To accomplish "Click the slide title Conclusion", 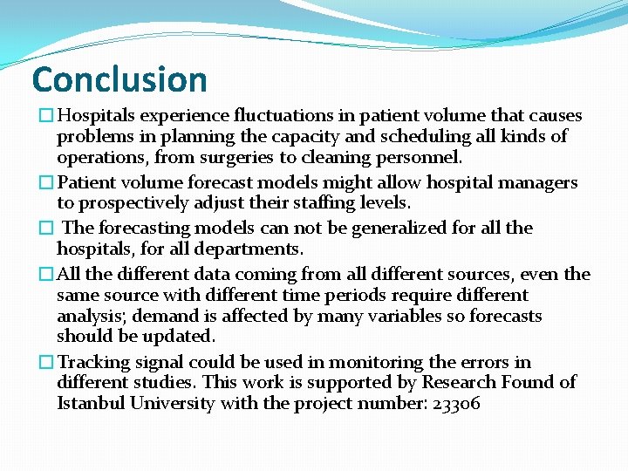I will tap(119, 79).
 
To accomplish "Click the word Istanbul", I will tap(92, 403).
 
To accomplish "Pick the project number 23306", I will tap(455, 403).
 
